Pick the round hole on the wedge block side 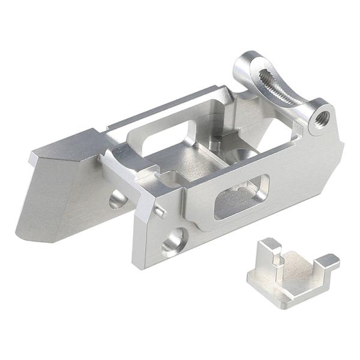point(117,198)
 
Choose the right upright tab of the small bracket point(328,262)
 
